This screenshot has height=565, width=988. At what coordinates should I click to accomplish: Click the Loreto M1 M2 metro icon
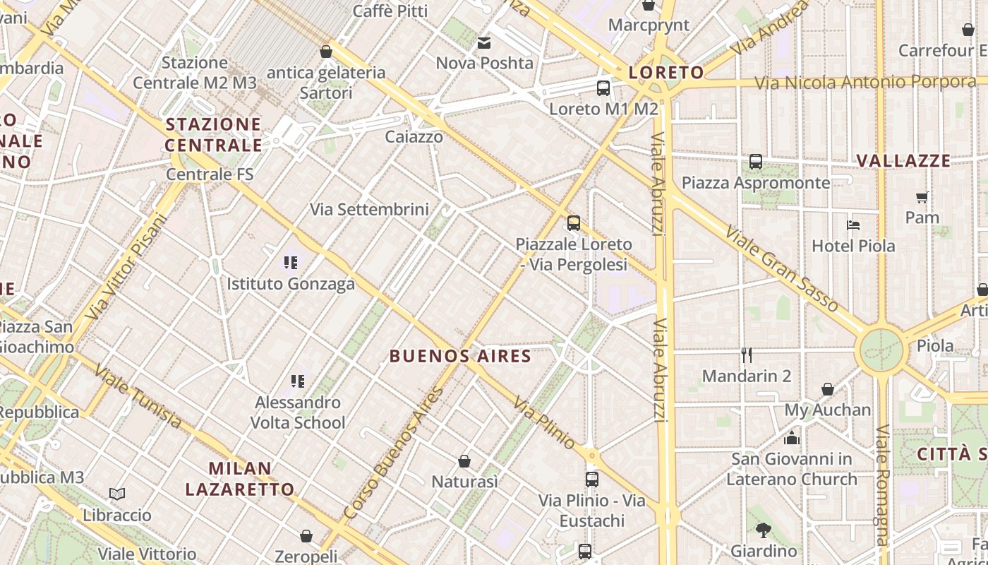click(603, 88)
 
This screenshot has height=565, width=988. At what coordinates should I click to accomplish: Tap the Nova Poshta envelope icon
click(484, 43)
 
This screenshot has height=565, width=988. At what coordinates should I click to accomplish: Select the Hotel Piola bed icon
click(853, 225)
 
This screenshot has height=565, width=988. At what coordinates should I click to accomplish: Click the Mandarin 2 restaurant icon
click(747, 355)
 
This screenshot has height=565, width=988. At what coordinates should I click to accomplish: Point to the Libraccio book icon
click(117, 494)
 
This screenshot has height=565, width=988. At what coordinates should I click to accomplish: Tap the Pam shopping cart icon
click(922, 197)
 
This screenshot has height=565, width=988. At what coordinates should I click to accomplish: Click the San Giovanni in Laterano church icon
click(791, 438)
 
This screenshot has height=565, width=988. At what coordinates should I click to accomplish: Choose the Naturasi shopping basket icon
click(464, 461)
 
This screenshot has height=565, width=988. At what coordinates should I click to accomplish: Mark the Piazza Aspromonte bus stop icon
click(756, 162)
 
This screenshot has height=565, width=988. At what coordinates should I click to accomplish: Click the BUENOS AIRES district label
click(460, 356)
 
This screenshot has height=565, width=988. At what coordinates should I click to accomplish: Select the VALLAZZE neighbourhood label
click(903, 161)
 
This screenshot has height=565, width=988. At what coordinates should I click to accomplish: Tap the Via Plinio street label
click(544, 422)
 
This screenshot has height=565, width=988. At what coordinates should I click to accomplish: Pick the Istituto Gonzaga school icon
click(291, 263)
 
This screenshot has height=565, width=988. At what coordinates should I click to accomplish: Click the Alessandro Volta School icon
click(298, 381)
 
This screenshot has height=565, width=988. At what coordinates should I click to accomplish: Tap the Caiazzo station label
click(414, 137)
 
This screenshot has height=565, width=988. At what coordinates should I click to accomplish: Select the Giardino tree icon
click(763, 530)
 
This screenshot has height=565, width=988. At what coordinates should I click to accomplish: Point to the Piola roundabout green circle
click(881, 350)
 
